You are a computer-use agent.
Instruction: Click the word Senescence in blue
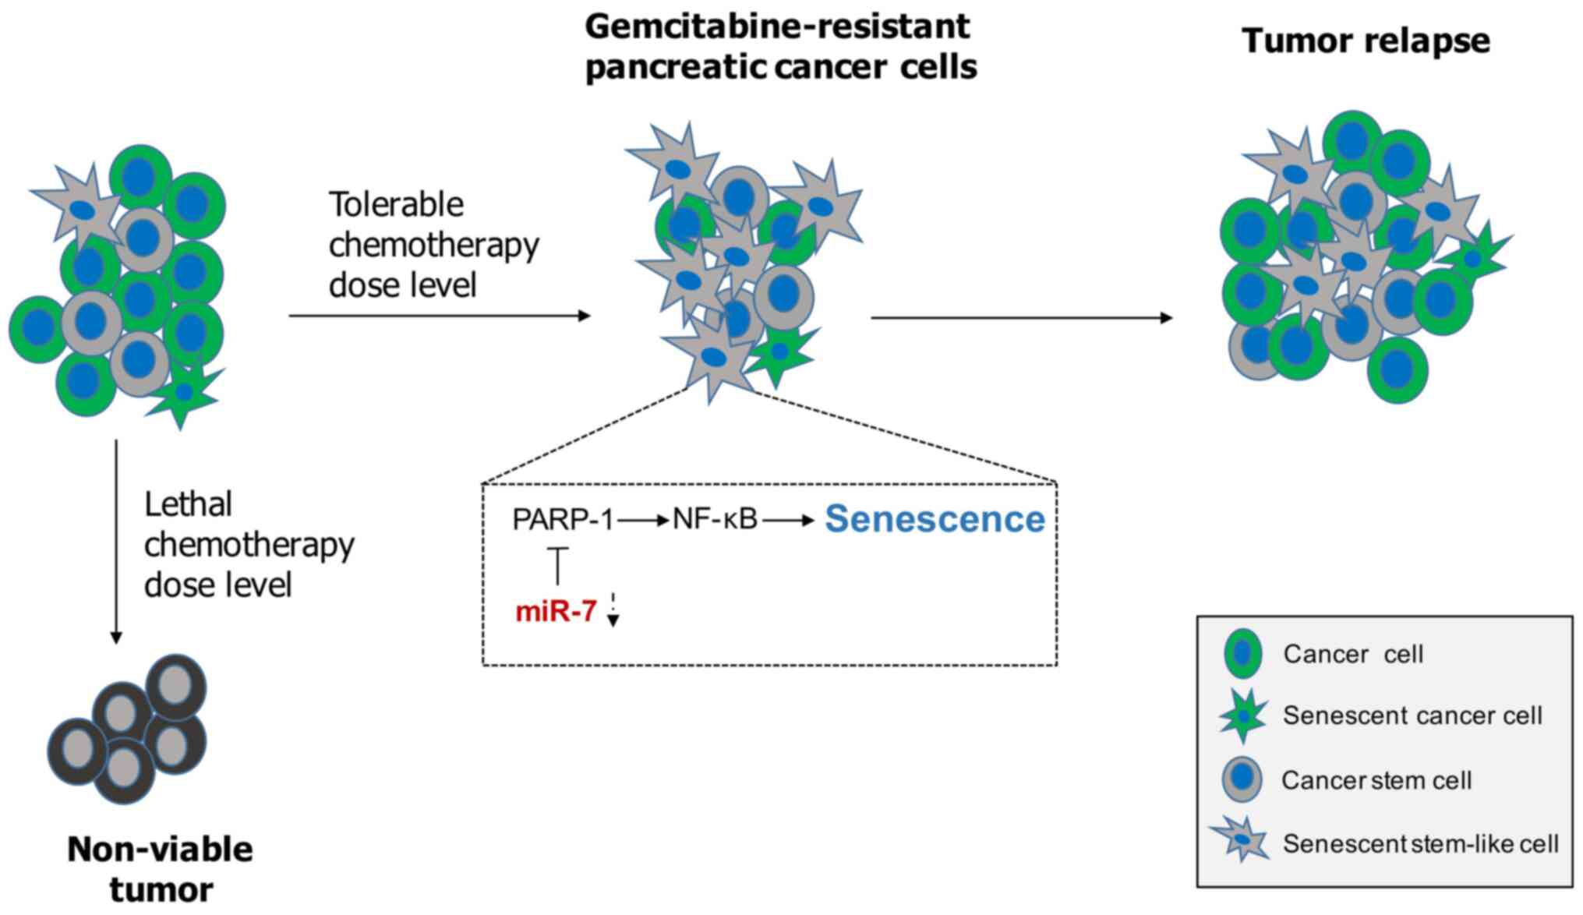(x=935, y=519)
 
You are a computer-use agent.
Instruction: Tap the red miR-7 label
(x=556, y=612)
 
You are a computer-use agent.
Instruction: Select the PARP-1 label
(x=563, y=520)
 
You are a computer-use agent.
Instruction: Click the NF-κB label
(x=715, y=519)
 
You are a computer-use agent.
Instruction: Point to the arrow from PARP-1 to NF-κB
(x=643, y=520)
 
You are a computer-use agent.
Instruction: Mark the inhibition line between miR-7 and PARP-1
(x=557, y=566)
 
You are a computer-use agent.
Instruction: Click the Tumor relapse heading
(x=1366, y=41)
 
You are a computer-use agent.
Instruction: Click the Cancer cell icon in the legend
(x=1242, y=653)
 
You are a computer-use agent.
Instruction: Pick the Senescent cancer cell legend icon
(x=1242, y=715)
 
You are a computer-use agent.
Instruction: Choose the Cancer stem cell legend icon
(x=1242, y=779)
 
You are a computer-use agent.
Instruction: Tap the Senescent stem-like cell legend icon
(x=1240, y=842)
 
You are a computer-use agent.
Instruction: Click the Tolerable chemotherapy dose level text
(x=433, y=245)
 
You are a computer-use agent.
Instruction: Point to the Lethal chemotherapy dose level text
(x=249, y=545)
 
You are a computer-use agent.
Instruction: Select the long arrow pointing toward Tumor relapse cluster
(x=1021, y=318)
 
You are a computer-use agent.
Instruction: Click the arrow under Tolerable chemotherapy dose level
(x=440, y=316)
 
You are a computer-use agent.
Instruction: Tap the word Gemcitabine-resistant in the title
(x=777, y=26)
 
